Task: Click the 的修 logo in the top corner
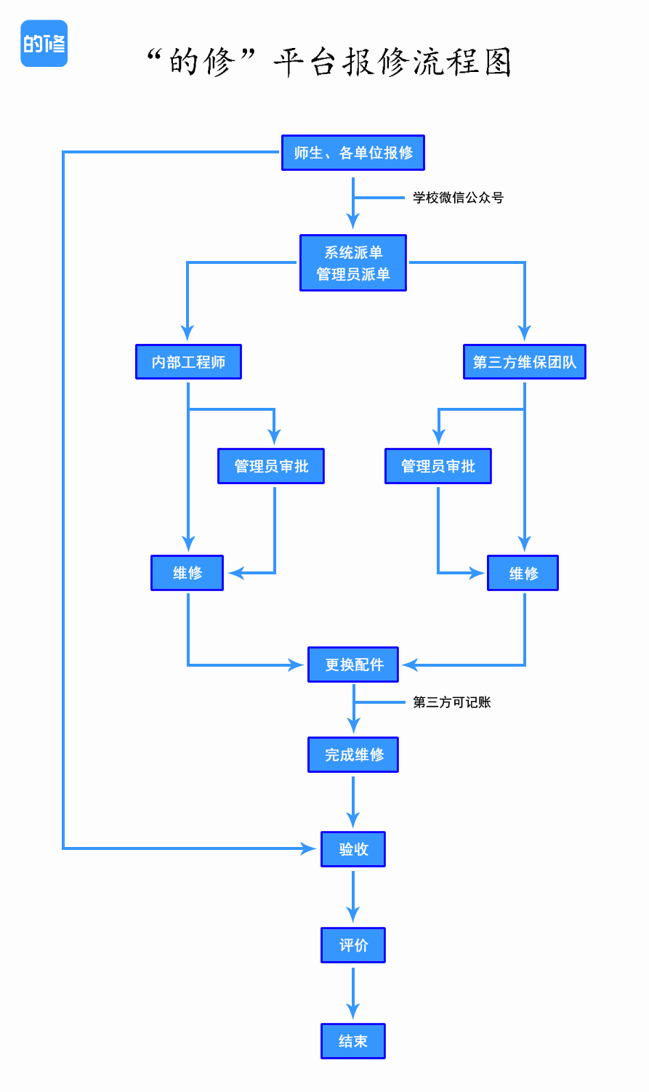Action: [44, 44]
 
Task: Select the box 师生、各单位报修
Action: [352, 153]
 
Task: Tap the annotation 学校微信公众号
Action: [458, 198]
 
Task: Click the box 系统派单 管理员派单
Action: [352, 263]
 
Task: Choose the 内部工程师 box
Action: [188, 362]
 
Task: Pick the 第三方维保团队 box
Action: [524, 362]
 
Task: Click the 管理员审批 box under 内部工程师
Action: [271, 466]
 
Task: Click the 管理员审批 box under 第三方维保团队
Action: [438, 466]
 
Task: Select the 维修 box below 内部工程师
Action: [187, 573]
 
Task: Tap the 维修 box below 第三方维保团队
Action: [523, 573]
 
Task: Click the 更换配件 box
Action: [352, 665]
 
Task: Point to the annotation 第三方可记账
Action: [451, 702]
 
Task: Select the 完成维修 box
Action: [352, 755]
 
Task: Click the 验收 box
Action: [352, 849]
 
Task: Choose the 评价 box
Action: [352, 945]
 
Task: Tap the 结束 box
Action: [352, 1041]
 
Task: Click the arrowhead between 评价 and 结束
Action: [353, 1011]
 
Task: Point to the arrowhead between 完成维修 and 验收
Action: [353, 819]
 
